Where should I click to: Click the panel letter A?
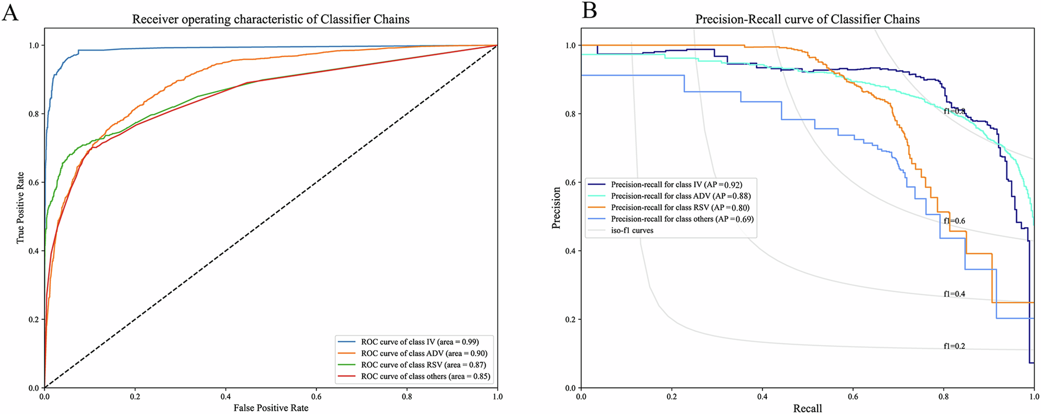click(x=10, y=11)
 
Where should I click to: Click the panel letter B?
click(x=590, y=10)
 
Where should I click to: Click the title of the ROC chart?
click(x=271, y=19)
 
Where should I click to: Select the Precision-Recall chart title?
click(x=807, y=19)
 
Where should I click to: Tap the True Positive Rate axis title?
click(x=20, y=208)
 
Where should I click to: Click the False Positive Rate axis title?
click(x=271, y=408)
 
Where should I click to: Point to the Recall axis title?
click(x=807, y=408)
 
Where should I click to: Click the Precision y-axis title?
click(x=556, y=208)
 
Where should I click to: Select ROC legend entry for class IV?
click(x=420, y=342)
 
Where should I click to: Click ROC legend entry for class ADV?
click(x=424, y=353)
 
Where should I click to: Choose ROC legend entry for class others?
click(x=425, y=376)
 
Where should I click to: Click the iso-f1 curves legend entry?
click(x=632, y=230)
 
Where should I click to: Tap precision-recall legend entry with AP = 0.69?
click(x=682, y=219)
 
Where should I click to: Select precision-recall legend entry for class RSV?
click(x=680, y=208)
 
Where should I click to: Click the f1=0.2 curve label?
click(x=955, y=346)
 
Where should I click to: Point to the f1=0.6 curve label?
click(x=955, y=221)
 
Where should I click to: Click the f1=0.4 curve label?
click(x=955, y=294)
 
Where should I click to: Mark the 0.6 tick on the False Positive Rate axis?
click(x=316, y=396)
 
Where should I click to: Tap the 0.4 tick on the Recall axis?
click(x=762, y=396)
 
